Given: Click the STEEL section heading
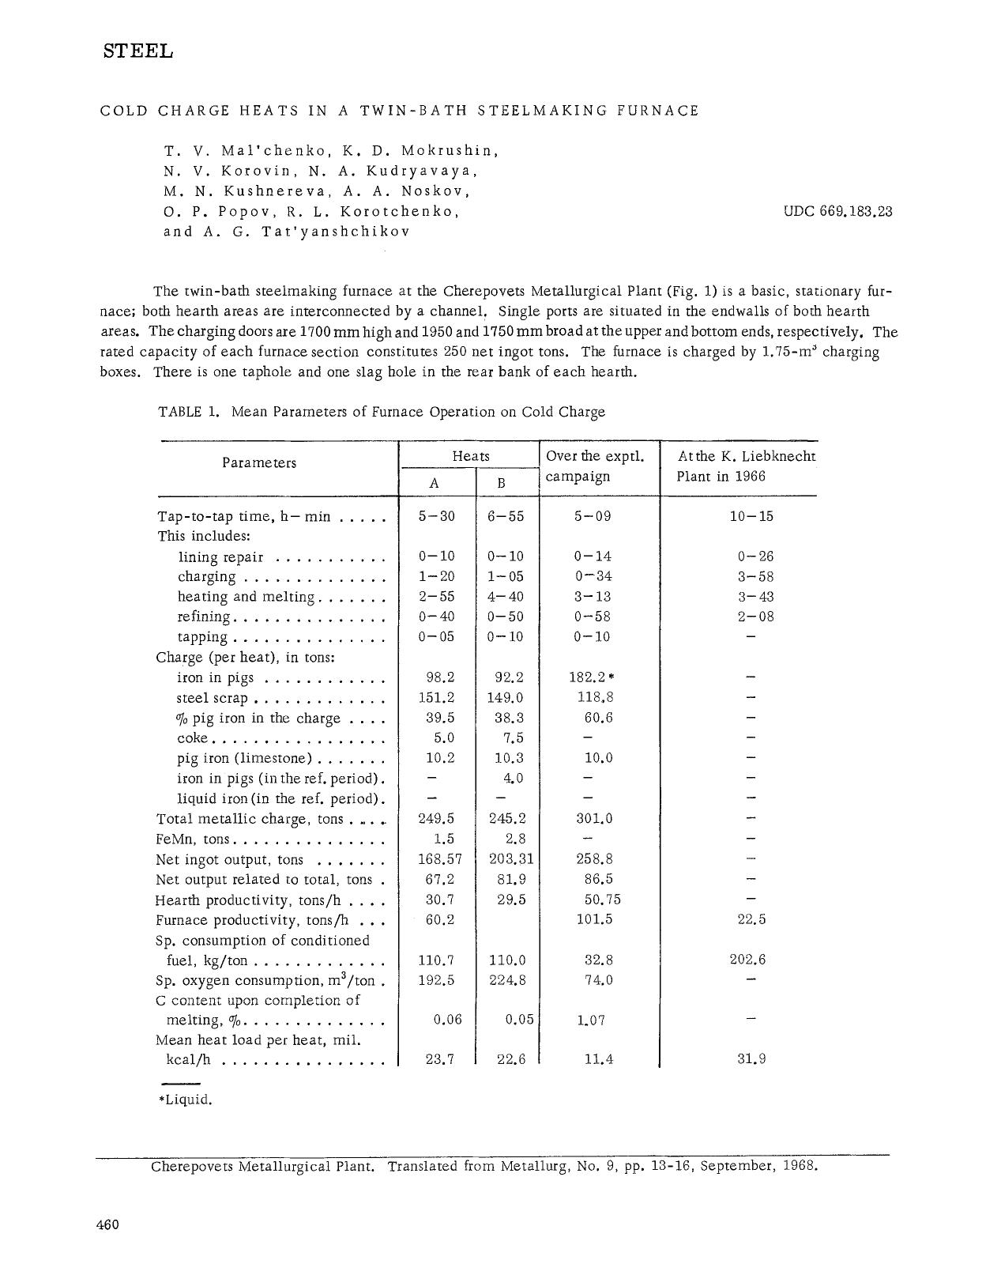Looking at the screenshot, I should pos(138,51).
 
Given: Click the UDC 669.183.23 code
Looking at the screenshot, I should pos(837,211).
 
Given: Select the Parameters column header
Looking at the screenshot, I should pos(259,462).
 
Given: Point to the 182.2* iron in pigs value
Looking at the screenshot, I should pos(591,677).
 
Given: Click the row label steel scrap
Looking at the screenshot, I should pos(212,698).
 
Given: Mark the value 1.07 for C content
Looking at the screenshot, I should pos(591,1020).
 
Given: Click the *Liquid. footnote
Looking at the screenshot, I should pos(186,1100).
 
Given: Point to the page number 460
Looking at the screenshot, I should pos(107,1224).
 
